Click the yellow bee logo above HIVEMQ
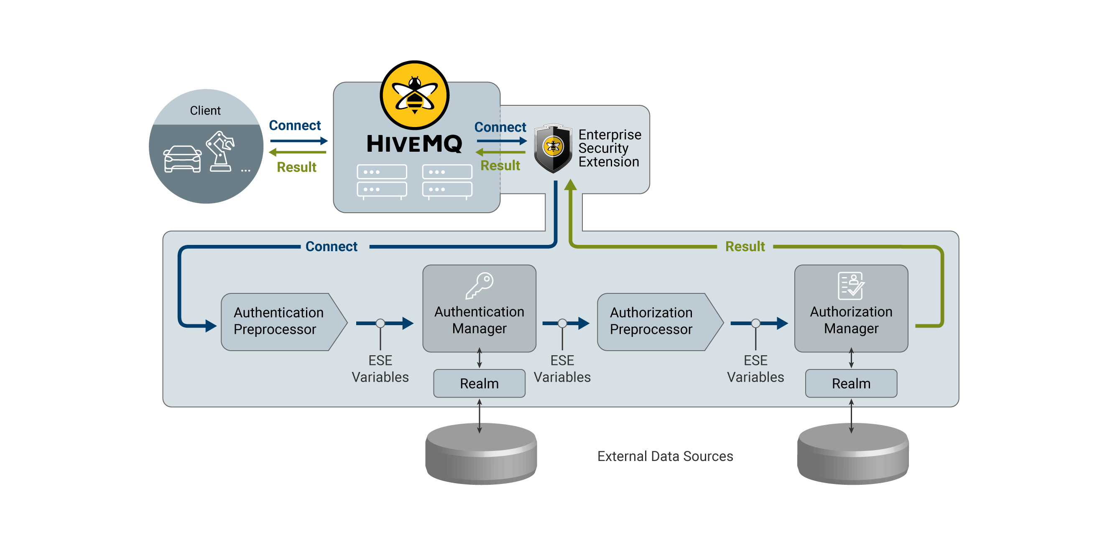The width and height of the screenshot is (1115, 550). pos(414,95)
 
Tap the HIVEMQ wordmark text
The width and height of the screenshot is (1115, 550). pos(414,144)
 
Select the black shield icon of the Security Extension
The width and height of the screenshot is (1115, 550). pos(553,148)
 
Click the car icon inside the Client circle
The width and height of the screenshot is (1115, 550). pos(182,159)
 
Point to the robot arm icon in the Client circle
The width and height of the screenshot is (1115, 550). pos(221,151)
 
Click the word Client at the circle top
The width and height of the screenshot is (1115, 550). pos(205,111)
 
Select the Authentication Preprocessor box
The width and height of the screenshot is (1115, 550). pos(279,321)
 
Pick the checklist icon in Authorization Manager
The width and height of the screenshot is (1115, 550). pos(850,285)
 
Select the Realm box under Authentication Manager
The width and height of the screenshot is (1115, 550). pos(479,383)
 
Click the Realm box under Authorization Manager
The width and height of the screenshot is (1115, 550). pos(850,383)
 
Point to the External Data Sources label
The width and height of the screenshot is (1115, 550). pos(665,456)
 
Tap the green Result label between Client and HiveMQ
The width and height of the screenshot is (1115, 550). pos(296,167)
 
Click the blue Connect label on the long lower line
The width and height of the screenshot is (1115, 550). pos(331,246)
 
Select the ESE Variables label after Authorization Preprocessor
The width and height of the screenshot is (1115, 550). pos(755,369)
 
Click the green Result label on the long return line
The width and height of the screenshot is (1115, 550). pos(745,246)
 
